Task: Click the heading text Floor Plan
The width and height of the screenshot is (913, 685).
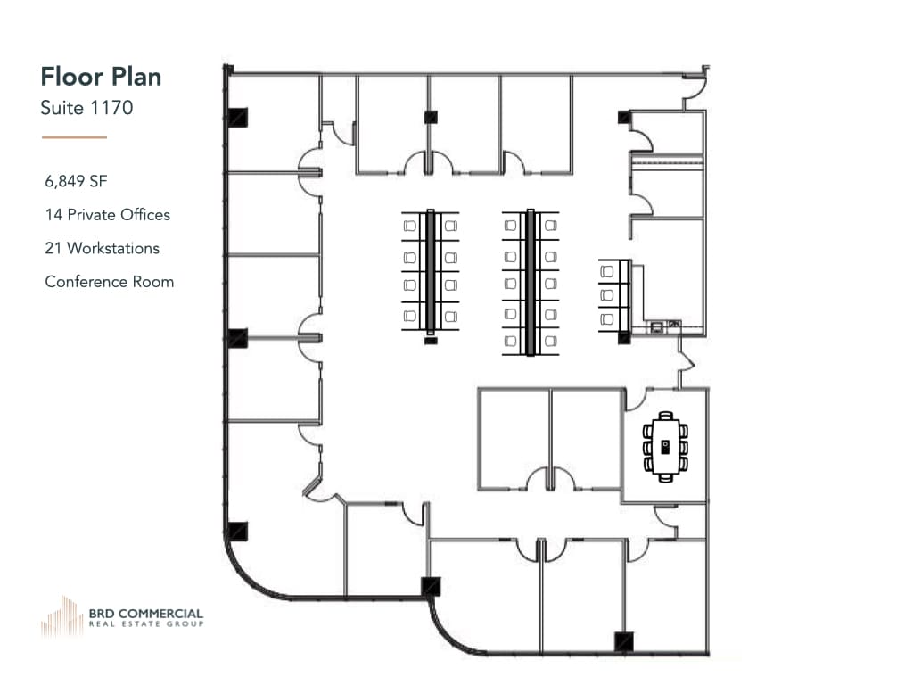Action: pyautogui.click(x=101, y=77)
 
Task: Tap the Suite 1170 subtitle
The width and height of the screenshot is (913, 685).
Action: pyautogui.click(x=86, y=109)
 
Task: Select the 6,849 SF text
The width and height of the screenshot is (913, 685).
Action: pyautogui.click(x=76, y=181)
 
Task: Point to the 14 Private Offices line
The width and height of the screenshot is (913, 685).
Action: pyautogui.click(x=107, y=215)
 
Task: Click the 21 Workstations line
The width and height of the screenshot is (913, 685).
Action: pyautogui.click(x=102, y=248)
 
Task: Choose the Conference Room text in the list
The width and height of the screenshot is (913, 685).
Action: pyautogui.click(x=109, y=282)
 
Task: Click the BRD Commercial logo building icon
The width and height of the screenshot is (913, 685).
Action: pyautogui.click(x=62, y=615)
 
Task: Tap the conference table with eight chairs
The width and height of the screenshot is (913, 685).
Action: pyautogui.click(x=665, y=446)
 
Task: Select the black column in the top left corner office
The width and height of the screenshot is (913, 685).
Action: pyautogui.click(x=237, y=118)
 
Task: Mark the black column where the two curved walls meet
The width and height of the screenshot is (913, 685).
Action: pyautogui.click(x=431, y=587)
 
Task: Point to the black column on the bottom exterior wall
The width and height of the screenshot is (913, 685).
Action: pyautogui.click(x=623, y=641)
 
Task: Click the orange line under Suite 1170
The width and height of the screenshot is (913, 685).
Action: pyautogui.click(x=74, y=137)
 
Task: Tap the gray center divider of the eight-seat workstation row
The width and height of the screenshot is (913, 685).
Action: pyautogui.click(x=431, y=269)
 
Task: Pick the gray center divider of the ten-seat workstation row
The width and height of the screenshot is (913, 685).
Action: pyautogui.click(x=531, y=281)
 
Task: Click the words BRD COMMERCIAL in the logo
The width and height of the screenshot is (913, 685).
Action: pyautogui.click(x=145, y=614)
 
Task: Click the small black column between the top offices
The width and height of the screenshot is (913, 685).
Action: pyautogui.click(x=430, y=116)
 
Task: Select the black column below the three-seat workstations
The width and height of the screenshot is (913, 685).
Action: pyautogui.click(x=624, y=337)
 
